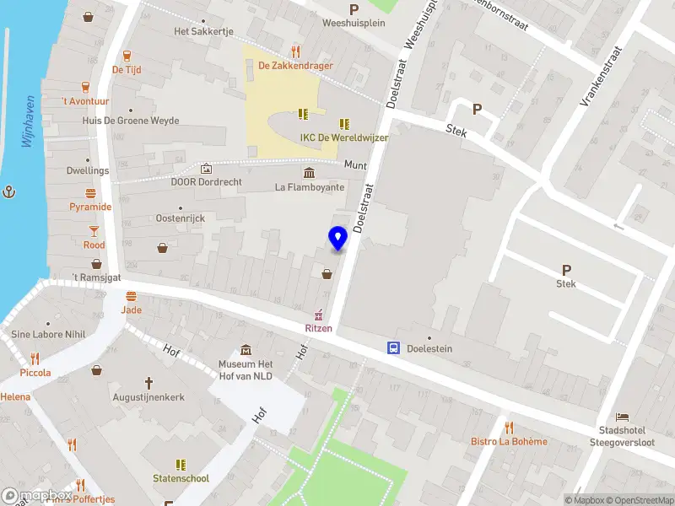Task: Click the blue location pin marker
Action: [337, 239]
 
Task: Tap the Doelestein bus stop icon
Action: [393, 347]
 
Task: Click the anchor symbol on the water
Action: [10, 192]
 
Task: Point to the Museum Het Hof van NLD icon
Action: [246, 350]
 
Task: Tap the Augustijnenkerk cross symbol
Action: [148, 382]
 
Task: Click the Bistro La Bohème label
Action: [509, 441]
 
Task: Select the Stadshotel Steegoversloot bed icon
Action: [622, 417]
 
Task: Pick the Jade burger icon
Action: [131, 296]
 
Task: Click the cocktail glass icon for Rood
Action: [94, 230]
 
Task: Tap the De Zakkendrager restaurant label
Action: [295, 66]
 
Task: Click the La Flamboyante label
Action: [310, 187]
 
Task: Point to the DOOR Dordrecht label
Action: [207, 182]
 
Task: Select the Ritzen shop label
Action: [319, 328]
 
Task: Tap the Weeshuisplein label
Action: [354, 23]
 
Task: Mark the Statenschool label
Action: [181, 478]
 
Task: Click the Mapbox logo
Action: [35, 495]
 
